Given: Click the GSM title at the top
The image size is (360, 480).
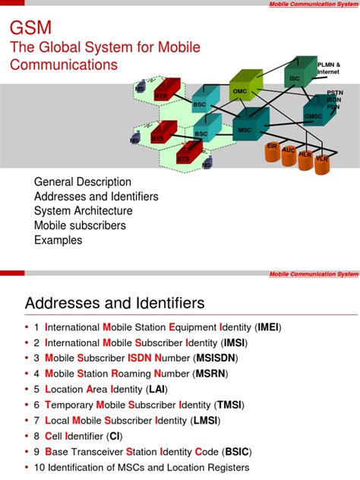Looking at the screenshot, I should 30,28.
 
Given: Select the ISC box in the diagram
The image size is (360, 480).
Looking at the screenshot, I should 296,76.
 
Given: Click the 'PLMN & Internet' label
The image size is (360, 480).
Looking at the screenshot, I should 329,69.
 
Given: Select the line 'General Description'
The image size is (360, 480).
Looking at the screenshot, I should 83,182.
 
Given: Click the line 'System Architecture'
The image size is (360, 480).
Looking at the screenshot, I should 84,211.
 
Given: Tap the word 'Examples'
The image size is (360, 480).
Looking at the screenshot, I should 58,240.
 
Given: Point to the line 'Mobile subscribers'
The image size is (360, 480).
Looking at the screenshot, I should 80,226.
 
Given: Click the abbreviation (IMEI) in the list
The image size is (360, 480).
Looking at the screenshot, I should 268,327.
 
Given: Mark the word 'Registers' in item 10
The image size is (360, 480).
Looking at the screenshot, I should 223,468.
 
